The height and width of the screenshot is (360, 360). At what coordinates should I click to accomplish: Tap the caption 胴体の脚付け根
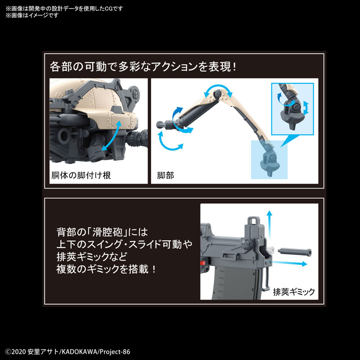[79, 175]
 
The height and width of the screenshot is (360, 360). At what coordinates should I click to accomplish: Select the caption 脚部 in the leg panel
[166, 175]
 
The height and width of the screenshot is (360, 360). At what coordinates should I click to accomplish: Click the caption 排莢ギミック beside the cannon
[294, 291]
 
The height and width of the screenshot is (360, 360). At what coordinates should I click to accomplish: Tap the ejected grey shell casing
[294, 251]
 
